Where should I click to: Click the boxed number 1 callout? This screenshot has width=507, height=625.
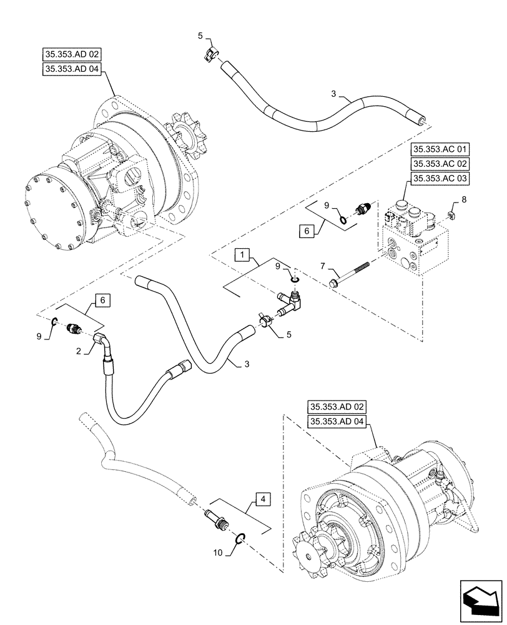coord(242,255)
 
